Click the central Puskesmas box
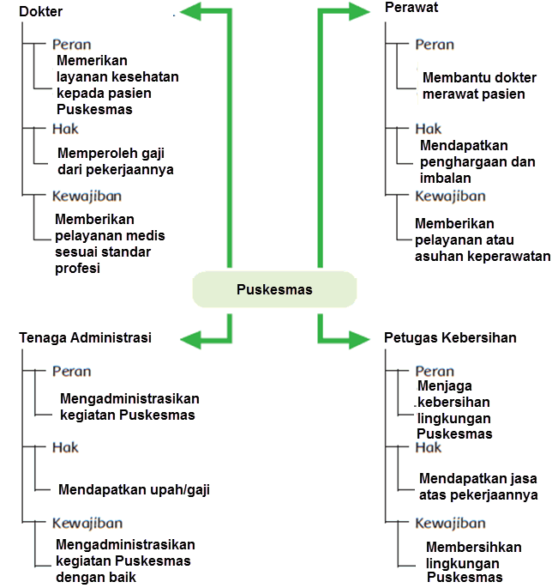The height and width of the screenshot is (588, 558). tap(274, 289)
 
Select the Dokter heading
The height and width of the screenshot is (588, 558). tap(40, 11)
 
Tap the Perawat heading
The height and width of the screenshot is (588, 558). tap(411, 7)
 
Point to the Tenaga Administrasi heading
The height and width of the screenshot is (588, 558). tap(85, 337)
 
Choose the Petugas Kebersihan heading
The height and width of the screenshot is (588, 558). tap(450, 337)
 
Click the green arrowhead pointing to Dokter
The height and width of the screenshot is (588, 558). tap(191, 11)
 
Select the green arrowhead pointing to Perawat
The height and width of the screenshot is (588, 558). tap(359, 11)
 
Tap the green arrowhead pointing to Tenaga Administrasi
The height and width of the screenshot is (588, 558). tap(191, 339)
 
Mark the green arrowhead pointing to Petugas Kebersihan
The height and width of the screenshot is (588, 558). tap(359, 339)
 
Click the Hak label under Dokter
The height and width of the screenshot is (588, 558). tap(65, 129)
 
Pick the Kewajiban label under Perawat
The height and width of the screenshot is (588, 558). tap(450, 196)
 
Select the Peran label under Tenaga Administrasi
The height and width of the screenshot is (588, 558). tap(71, 371)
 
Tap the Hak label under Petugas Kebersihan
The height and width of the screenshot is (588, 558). tap(428, 447)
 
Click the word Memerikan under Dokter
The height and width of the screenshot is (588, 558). tap(92, 60)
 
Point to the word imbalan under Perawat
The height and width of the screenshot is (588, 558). tap(445, 179)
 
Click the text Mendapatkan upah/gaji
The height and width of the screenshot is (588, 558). tap(134, 490)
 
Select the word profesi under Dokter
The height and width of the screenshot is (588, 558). tap(77, 269)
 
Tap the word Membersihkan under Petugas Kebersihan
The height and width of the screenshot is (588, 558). tap(474, 547)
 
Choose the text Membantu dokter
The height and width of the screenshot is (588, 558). tap(479, 77)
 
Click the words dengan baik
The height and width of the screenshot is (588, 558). tap(96, 578)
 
